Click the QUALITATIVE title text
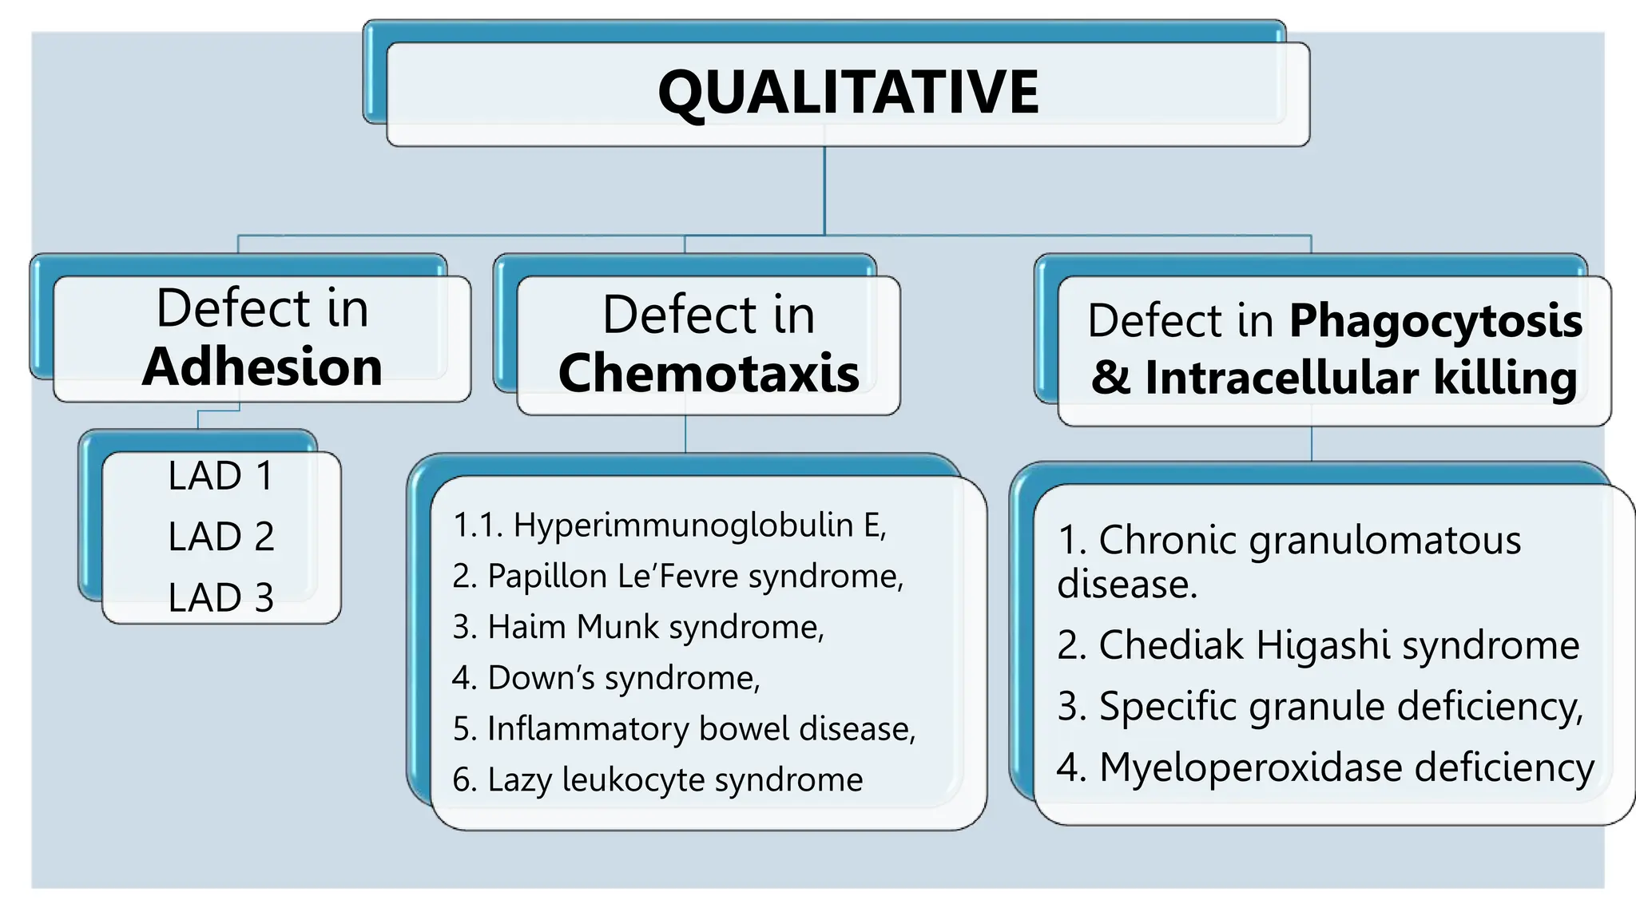point(848,93)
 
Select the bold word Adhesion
point(262,367)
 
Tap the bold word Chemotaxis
point(709,373)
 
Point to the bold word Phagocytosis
point(1435,321)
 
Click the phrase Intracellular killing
point(1360,378)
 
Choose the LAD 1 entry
point(221,476)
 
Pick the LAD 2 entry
point(221,537)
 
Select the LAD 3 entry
point(221,597)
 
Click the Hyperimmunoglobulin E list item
point(669,525)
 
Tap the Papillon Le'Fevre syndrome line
point(677,576)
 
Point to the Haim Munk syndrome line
point(637,627)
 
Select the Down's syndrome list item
point(606,678)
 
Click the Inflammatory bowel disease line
point(684,728)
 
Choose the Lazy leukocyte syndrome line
point(657,779)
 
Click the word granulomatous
point(1384,541)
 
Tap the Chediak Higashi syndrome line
point(1318,645)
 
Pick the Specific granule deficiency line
point(1320,707)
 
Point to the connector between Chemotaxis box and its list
point(685,434)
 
